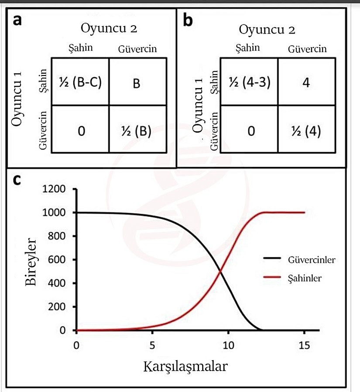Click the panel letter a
point(18,20)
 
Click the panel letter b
point(189,20)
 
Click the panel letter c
point(17,180)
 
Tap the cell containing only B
point(137,83)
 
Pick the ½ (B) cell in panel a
point(137,130)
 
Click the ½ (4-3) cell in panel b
point(249,82)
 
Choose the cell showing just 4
point(305,82)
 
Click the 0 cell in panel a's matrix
point(80,130)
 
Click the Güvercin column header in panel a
point(137,49)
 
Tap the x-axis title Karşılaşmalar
point(185,367)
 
